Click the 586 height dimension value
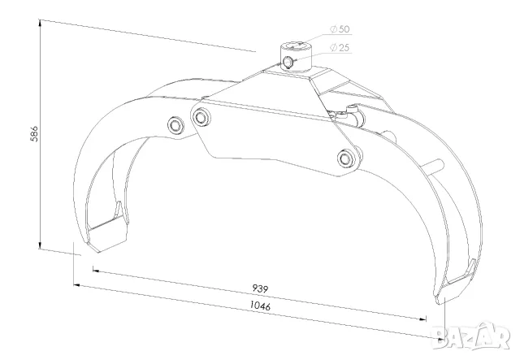(x=34, y=134)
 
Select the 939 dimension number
(x=260, y=288)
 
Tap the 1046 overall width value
(x=260, y=305)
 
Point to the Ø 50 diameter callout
(x=340, y=29)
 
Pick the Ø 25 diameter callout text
(x=340, y=48)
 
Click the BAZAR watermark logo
(x=471, y=336)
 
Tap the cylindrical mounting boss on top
(x=296, y=56)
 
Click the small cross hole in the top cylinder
(x=287, y=62)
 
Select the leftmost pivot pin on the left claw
(x=175, y=125)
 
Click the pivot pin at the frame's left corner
(x=201, y=117)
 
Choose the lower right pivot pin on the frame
(x=346, y=158)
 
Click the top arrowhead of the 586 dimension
(x=40, y=23)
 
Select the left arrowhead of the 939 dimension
(x=96, y=271)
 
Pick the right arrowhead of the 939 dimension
(x=422, y=319)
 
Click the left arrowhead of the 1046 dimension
(x=77, y=284)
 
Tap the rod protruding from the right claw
(x=437, y=165)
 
